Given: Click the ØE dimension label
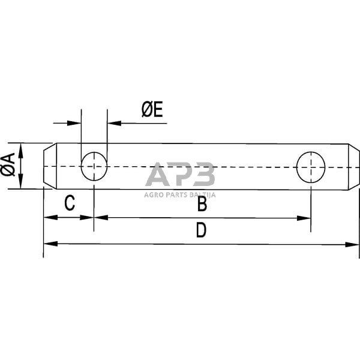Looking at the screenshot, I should coord(152,109).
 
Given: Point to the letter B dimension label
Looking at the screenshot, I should coord(202,205).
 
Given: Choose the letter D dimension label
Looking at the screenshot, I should coord(201,231).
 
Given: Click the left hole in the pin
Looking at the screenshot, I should coord(94,166).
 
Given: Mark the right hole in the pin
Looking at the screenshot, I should coord(311,166).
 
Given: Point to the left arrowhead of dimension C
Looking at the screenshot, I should coord(50,217).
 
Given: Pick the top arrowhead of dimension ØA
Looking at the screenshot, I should coord(21,148).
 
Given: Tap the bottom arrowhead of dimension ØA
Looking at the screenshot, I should coord(21,184).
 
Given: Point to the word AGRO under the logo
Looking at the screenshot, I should coord(154,194).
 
